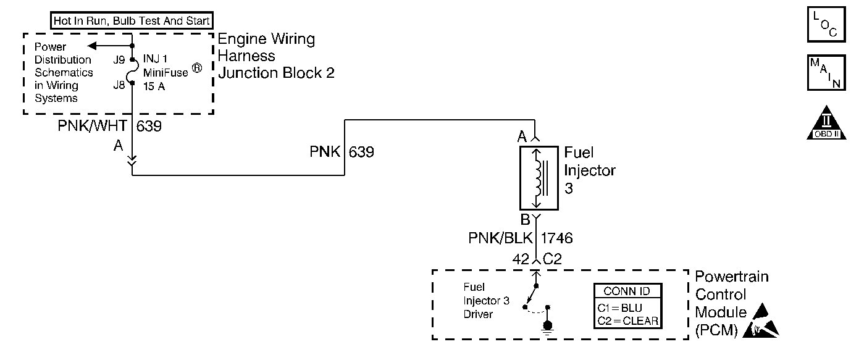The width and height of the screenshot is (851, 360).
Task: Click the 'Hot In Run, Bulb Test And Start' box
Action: (x=132, y=21)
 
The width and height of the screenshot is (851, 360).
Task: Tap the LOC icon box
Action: (x=826, y=25)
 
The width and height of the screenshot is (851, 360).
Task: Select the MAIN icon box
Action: (x=826, y=73)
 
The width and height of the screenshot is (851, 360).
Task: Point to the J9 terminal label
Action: (x=119, y=60)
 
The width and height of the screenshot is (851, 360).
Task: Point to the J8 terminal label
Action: (x=119, y=85)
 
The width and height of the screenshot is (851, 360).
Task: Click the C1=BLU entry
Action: (x=621, y=308)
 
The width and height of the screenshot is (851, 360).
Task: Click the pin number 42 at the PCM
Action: (x=521, y=259)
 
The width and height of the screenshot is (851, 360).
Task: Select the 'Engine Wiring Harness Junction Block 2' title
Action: (x=276, y=56)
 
